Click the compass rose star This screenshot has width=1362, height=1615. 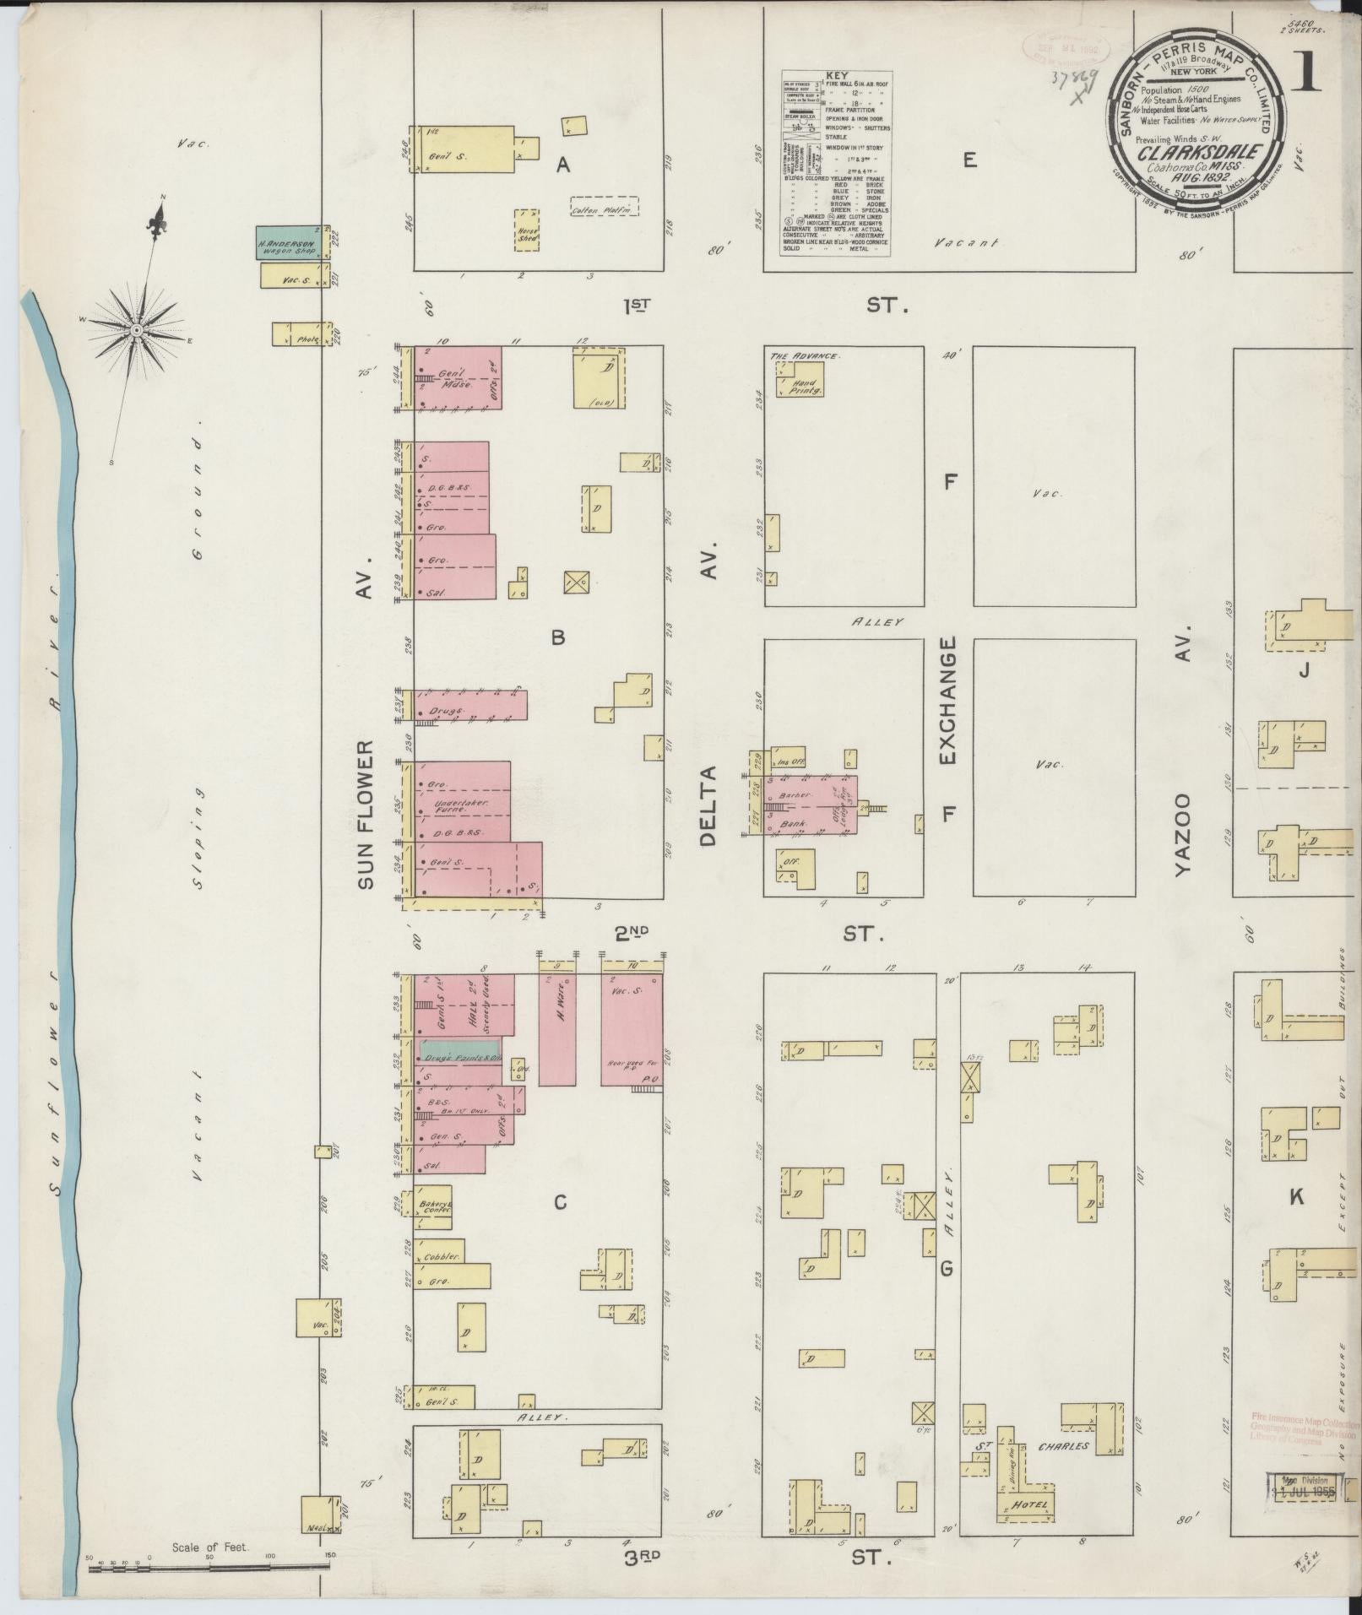coord(135,331)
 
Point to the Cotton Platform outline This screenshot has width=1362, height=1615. coord(604,206)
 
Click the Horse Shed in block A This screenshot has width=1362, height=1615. coord(527,230)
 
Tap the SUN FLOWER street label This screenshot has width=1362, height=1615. coord(365,815)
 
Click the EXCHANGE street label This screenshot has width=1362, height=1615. coord(947,701)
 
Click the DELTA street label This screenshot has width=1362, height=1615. coord(708,805)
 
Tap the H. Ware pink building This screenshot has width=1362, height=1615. coord(557,1029)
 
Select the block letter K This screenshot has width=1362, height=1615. coord(1297,1196)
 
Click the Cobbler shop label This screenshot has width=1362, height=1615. coord(442,1256)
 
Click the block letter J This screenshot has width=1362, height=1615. coord(1304,672)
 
